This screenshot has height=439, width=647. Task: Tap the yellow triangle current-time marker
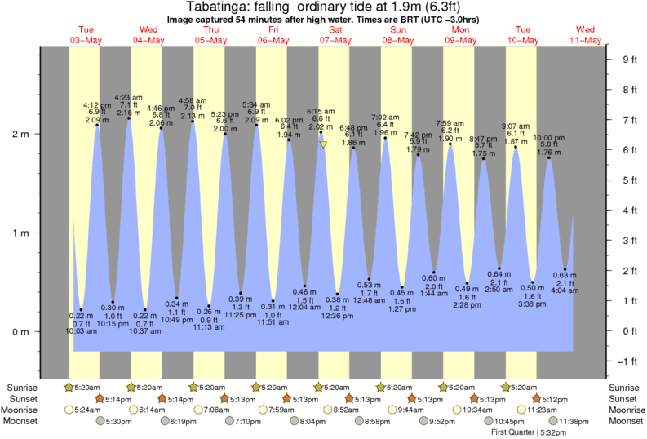324,144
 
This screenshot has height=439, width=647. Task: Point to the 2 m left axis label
20,134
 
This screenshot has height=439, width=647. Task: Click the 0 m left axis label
20,331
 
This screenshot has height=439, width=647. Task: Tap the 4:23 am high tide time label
128,97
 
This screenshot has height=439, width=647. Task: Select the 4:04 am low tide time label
565,291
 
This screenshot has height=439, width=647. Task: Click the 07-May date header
335,40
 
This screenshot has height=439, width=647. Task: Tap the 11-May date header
587,40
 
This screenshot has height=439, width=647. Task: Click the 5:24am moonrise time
88,410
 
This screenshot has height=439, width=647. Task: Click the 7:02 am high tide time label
385,117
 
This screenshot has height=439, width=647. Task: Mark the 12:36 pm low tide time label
338,316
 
